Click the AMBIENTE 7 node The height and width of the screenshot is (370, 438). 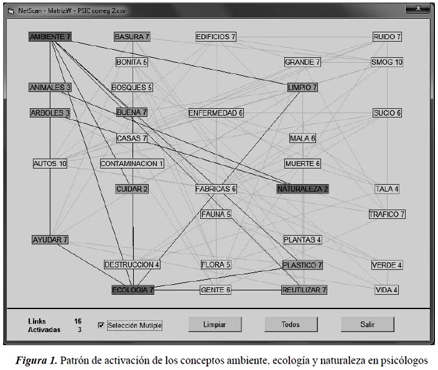pyautogui.click(x=50, y=37)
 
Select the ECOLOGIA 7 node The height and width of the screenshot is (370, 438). pyautogui.click(x=133, y=290)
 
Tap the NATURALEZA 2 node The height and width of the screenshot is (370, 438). pyautogui.click(x=303, y=189)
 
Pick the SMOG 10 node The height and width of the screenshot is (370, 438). pyautogui.click(x=387, y=62)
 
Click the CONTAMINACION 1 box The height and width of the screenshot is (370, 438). pyautogui.click(x=132, y=164)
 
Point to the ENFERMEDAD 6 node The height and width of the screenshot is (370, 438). pyautogui.click(x=216, y=113)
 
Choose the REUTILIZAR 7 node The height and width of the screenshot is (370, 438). pyautogui.click(x=304, y=290)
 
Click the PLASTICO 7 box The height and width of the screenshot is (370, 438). pyautogui.click(x=302, y=265)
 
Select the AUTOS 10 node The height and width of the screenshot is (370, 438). pyautogui.click(x=50, y=164)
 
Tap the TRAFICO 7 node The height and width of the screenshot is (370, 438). pyautogui.click(x=387, y=214)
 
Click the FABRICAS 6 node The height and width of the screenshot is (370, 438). pyautogui.click(x=216, y=189)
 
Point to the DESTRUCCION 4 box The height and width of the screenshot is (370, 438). pyautogui.click(x=132, y=264)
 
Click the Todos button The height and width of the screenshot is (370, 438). pyautogui.click(x=291, y=324)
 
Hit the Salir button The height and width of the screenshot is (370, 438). pyautogui.click(x=367, y=324)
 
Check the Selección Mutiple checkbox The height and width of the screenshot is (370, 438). pyautogui.click(x=101, y=325)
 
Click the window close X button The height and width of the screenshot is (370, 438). pyautogui.click(x=417, y=8)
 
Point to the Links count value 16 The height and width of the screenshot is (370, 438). pyautogui.click(x=78, y=321)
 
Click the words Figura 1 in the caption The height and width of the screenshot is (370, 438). pyautogui.click(x=36, y=360)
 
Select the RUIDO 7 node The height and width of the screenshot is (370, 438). pyautogui.click(x=387, y=37)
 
